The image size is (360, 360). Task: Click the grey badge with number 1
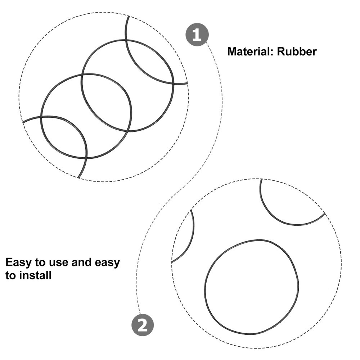click(x=197, y=35)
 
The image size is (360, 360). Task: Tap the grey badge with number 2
click(x=143, y=325)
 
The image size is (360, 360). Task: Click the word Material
click(x=249, y=51)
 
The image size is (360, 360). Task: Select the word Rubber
click(x=297, y=51)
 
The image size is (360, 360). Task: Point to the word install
click(x=35, y=275)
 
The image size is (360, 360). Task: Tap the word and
click(x=81, y=262)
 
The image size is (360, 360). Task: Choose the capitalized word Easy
click(x=19, y=262)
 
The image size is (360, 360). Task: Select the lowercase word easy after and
click(x=107, y=263)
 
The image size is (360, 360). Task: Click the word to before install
click(x=11, y=275)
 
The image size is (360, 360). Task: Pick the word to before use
click(x=41, y=262)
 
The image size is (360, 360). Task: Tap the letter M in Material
click(x=232, y=51)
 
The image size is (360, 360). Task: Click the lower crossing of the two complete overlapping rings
click(x=127, y=131)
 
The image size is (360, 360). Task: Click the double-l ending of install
click(x=49, y=275)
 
